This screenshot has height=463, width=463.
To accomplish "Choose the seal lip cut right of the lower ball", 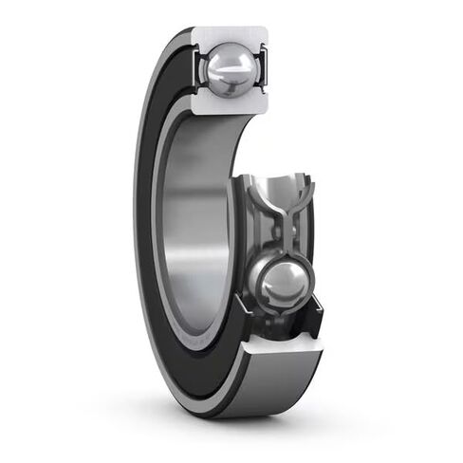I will click(x=314, y=308).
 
